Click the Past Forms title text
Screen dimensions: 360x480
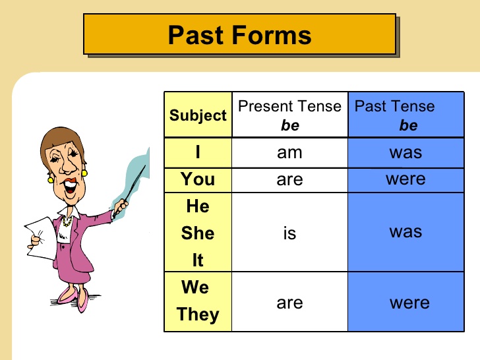pyautogui.click(x=239, y=34)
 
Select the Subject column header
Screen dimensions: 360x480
pyautogui.click(x=198, y=115)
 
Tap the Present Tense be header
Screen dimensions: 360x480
pyautogui.click(x=289, y=115)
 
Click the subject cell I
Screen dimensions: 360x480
pyautogui.click(x=198, y=153)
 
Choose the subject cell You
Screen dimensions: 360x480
pyautogui.click(x=198, y=179)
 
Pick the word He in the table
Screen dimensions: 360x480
pyautogui.click(x=198, y=206)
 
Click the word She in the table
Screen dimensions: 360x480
pyautogui.click(x=198, y=233)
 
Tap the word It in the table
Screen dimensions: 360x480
pyautogui.click(x=198, y=260)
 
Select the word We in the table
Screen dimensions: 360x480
pyautogui.click(x=195, y=287)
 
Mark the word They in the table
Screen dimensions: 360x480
pyautogui.click(x=197, y=315)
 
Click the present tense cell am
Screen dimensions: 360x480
pyautogui.click(x=289, y=153)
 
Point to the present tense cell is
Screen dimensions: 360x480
pyautogui.click(x=289, y=233)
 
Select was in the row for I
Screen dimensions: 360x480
pyautogui.click(x=405, y=153)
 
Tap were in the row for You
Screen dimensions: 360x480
pyautogui.click(x=405, y=179)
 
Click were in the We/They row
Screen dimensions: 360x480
pyautogui.click(x=409, y=303)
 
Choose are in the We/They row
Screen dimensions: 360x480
pyautogui.click(x=289, y=303)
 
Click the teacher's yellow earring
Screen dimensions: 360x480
pyautogui.click(x=85, y=173)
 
